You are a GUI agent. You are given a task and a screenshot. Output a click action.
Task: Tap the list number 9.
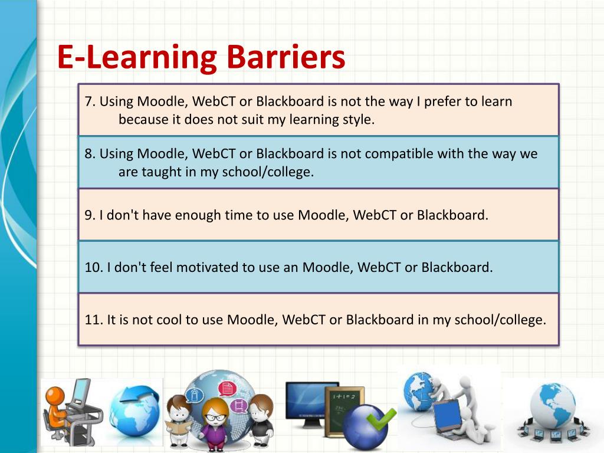[x=89, y=215]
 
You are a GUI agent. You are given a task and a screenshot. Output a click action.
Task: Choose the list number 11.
[x=93, y=320]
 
